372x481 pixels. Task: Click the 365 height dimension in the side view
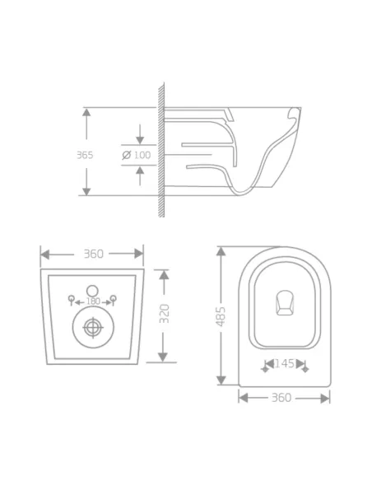85,155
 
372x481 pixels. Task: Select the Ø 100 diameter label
137,155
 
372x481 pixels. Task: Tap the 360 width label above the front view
94,254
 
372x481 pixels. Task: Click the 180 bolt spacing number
93,301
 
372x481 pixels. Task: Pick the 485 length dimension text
221,315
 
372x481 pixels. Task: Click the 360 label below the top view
281,398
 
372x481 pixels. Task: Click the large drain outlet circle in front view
93,328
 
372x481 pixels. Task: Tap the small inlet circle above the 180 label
93,289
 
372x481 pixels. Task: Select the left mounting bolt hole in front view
72,297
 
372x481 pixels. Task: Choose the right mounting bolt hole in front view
114,297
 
